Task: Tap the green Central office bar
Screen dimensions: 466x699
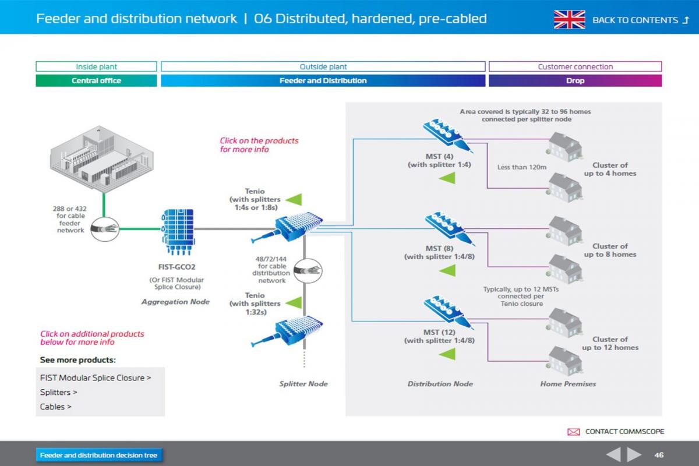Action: pos(96,81)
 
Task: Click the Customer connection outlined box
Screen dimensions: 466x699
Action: pos(575,66)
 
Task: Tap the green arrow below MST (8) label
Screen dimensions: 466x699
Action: pos(447,270)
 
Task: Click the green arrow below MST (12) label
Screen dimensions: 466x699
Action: pos(447,354)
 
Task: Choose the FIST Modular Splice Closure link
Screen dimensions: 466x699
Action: pos(96,377)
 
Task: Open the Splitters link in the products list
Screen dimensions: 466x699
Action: pos(59,392)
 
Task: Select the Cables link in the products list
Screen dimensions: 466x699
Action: pos(56,407)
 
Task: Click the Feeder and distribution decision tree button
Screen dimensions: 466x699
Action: pos(99,455)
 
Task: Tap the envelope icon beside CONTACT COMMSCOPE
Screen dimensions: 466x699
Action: pos(573,432)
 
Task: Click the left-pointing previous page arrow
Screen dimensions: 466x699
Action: pos(613,454)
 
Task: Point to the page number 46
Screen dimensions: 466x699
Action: pos(659,455)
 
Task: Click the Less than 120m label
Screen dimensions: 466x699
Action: pos(521,167)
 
